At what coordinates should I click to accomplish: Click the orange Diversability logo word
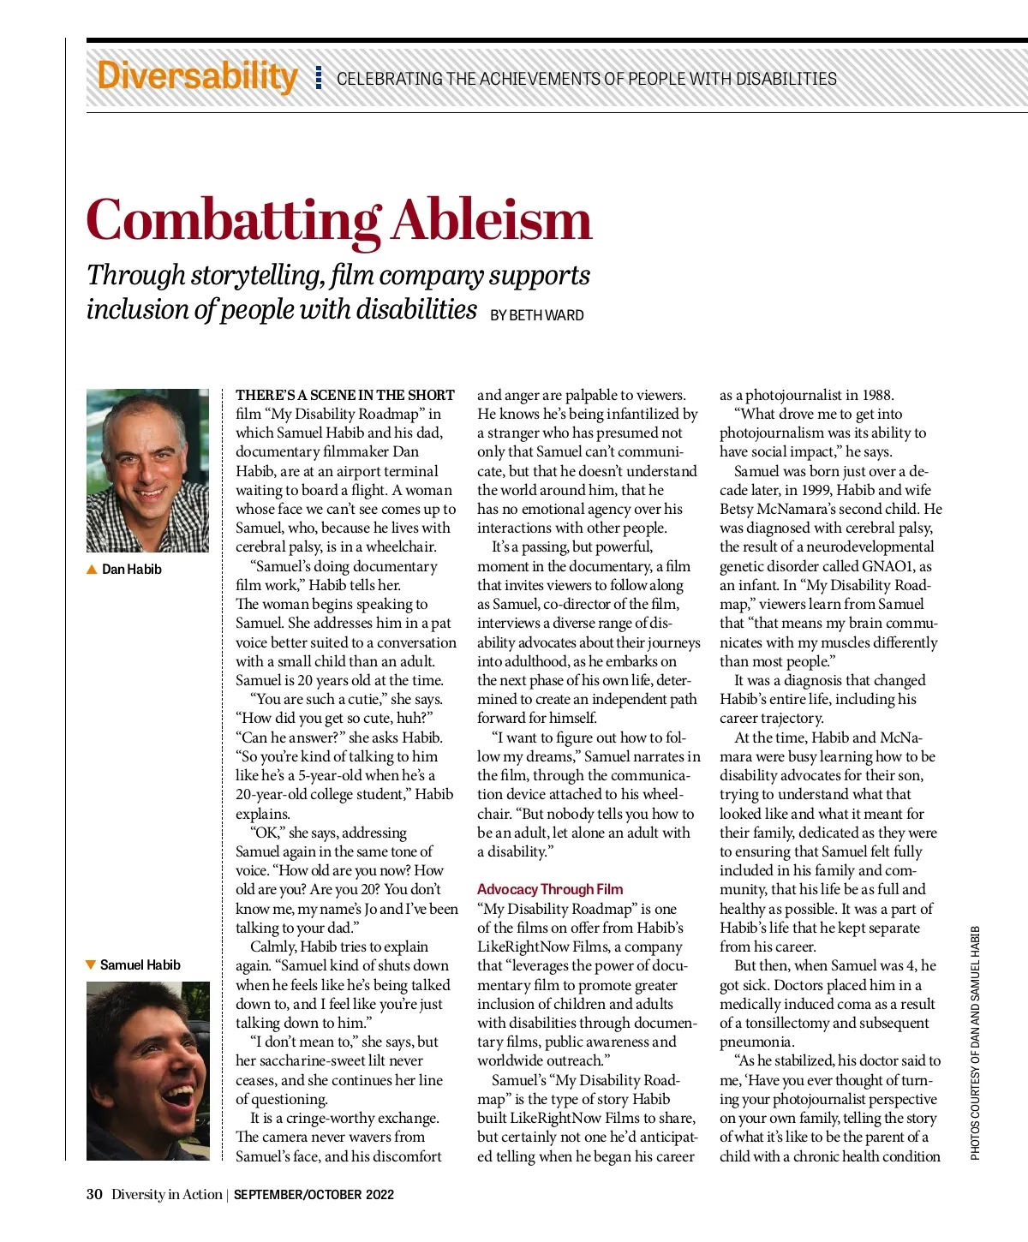coord(197,76)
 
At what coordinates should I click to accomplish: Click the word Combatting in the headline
coord(233,221)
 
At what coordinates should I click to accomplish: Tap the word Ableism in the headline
coord(492,221)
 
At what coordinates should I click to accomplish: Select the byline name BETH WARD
coord(547,315)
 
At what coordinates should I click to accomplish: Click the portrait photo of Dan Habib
coord(147,470)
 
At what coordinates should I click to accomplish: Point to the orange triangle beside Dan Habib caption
coord(92,570)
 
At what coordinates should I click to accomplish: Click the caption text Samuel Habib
coord(140,965)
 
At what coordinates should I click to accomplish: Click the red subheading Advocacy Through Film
coord(550,889)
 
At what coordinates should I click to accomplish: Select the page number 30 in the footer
coord(94,1195)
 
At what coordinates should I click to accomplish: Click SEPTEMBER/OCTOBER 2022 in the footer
coord(314,1195)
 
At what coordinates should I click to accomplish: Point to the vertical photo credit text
coord(975,1043)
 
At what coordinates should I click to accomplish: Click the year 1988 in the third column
coord(877,395)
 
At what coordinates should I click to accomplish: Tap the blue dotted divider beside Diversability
coord(319,78)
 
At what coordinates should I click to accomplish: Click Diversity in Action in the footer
coord(166,1195)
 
